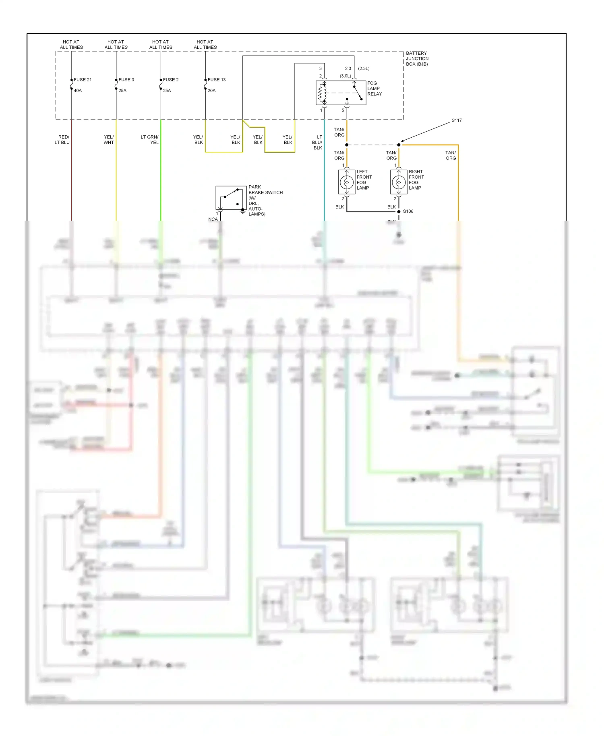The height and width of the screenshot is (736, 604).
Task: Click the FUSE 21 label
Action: (x=83, y=80)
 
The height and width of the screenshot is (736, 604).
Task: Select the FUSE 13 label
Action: (x=217, y=80)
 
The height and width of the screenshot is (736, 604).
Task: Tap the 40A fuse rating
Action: (x=78, y=91)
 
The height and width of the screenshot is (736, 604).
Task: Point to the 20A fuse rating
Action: (x=211, y=91)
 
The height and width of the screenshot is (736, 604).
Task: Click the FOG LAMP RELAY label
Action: (x=374, y=89)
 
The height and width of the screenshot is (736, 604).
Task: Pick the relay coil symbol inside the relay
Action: (x=322, y=93)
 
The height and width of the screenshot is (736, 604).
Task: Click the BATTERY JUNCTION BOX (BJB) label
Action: (x=417, y=59)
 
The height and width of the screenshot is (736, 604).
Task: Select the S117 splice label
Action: (x=456, y=120)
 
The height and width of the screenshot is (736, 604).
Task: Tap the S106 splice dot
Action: (x=399, y=211)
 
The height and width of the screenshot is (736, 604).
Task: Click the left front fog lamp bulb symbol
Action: (x=347, y=182)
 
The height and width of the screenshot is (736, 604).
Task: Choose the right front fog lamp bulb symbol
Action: (x=399, y=182)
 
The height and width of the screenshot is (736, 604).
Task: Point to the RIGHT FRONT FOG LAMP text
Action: (x=416, y=180)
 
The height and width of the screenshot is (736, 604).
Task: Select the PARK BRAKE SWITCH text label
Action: (x=265, y=200)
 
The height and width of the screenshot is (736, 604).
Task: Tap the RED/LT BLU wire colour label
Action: (x=62, y=140)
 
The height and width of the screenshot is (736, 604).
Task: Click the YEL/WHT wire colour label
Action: (x=109, y=140)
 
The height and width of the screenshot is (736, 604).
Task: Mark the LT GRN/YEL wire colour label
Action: (x=149, y=140)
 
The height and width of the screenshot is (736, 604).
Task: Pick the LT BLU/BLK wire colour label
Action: (x=317, y=143)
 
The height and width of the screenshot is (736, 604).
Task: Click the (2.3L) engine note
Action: (x=364, y=68)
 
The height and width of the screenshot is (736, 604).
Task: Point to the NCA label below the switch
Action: (x=213, y=219)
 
